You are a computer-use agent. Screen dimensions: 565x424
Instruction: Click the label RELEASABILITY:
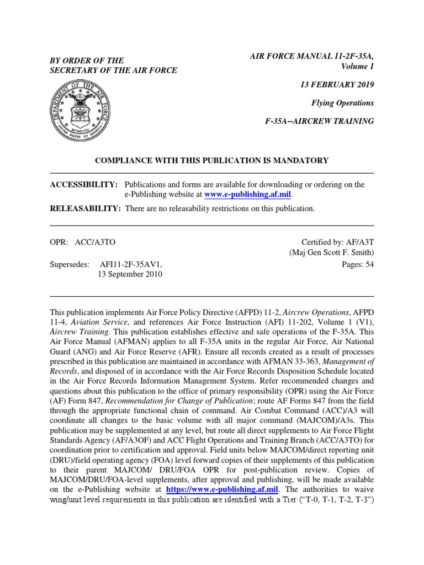[x=86, y=209]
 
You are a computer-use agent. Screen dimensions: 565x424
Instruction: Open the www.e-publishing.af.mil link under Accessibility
[x=247, y=194]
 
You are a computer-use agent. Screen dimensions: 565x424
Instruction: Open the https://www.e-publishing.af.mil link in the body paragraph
[x=221, y=489]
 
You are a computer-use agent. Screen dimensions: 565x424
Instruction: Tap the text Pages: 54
[x=358, y=264]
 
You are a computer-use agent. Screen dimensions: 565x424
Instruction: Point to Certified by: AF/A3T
[x=337, y=242]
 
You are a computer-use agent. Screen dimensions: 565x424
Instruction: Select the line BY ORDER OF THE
[x=87, y=60]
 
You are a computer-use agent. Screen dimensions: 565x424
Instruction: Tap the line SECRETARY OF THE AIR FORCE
[x=113, y=70]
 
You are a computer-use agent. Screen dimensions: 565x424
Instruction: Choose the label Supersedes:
[x=70, y=264]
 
